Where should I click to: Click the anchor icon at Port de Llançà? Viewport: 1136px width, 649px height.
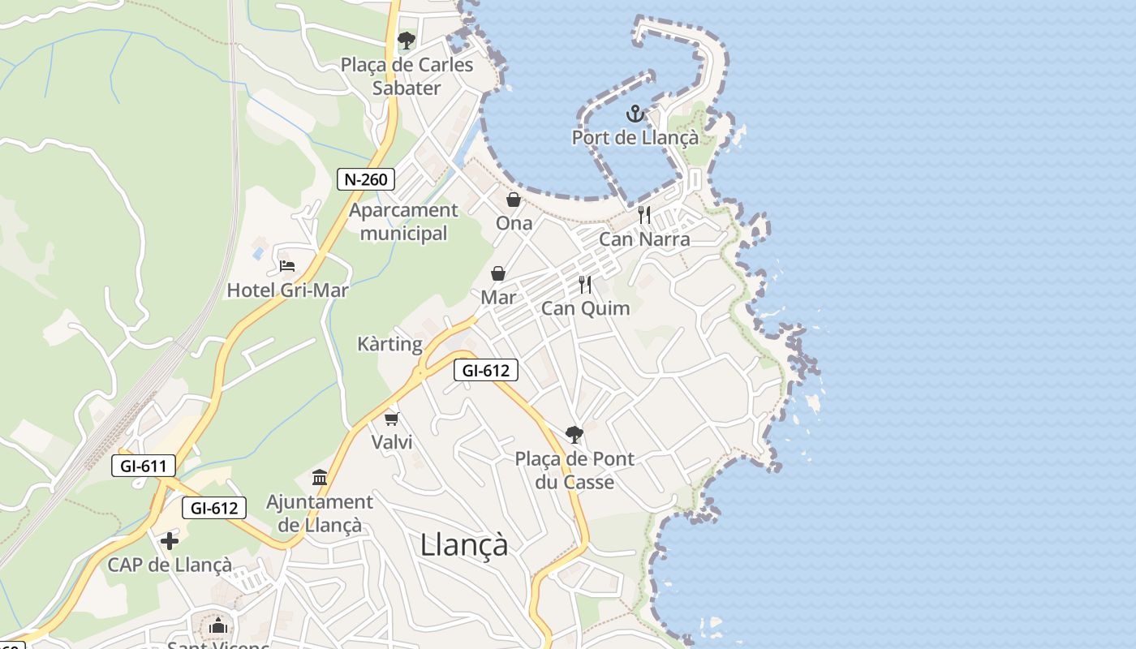pos(635,114)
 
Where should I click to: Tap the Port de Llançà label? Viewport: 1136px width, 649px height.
pos(635,138)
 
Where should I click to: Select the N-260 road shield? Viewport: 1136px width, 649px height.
pos(366,179)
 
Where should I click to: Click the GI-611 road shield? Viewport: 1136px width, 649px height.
pos(144,466)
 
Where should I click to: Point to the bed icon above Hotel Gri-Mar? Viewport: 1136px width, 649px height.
pos(286,265)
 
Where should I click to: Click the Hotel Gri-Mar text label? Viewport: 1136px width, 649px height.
pos(287,290)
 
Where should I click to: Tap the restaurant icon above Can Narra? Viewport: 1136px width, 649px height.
pos(644,215)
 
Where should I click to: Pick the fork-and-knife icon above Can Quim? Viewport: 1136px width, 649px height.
pos(585,285)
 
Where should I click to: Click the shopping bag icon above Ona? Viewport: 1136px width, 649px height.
pos(514,199)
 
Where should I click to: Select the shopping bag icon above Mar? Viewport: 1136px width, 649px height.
pos(498,273)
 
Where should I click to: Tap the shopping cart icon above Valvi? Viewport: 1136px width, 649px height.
pos(392,419)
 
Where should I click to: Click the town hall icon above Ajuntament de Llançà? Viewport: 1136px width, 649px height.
pos(320,477)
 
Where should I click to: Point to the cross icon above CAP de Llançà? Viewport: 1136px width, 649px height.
pos(170,540)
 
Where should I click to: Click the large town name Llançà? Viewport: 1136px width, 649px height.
pos(464,544)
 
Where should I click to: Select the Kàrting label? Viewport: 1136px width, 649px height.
pos(390,344)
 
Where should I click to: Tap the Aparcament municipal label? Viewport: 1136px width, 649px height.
pos(403,221)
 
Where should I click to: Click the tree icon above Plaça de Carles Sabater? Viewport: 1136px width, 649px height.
pos(406,40)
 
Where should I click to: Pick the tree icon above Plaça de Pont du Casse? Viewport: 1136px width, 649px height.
pos(574,435)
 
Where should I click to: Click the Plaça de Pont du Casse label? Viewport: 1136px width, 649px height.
pos(574,471)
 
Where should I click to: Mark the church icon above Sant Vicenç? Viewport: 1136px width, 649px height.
pos(217,625)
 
